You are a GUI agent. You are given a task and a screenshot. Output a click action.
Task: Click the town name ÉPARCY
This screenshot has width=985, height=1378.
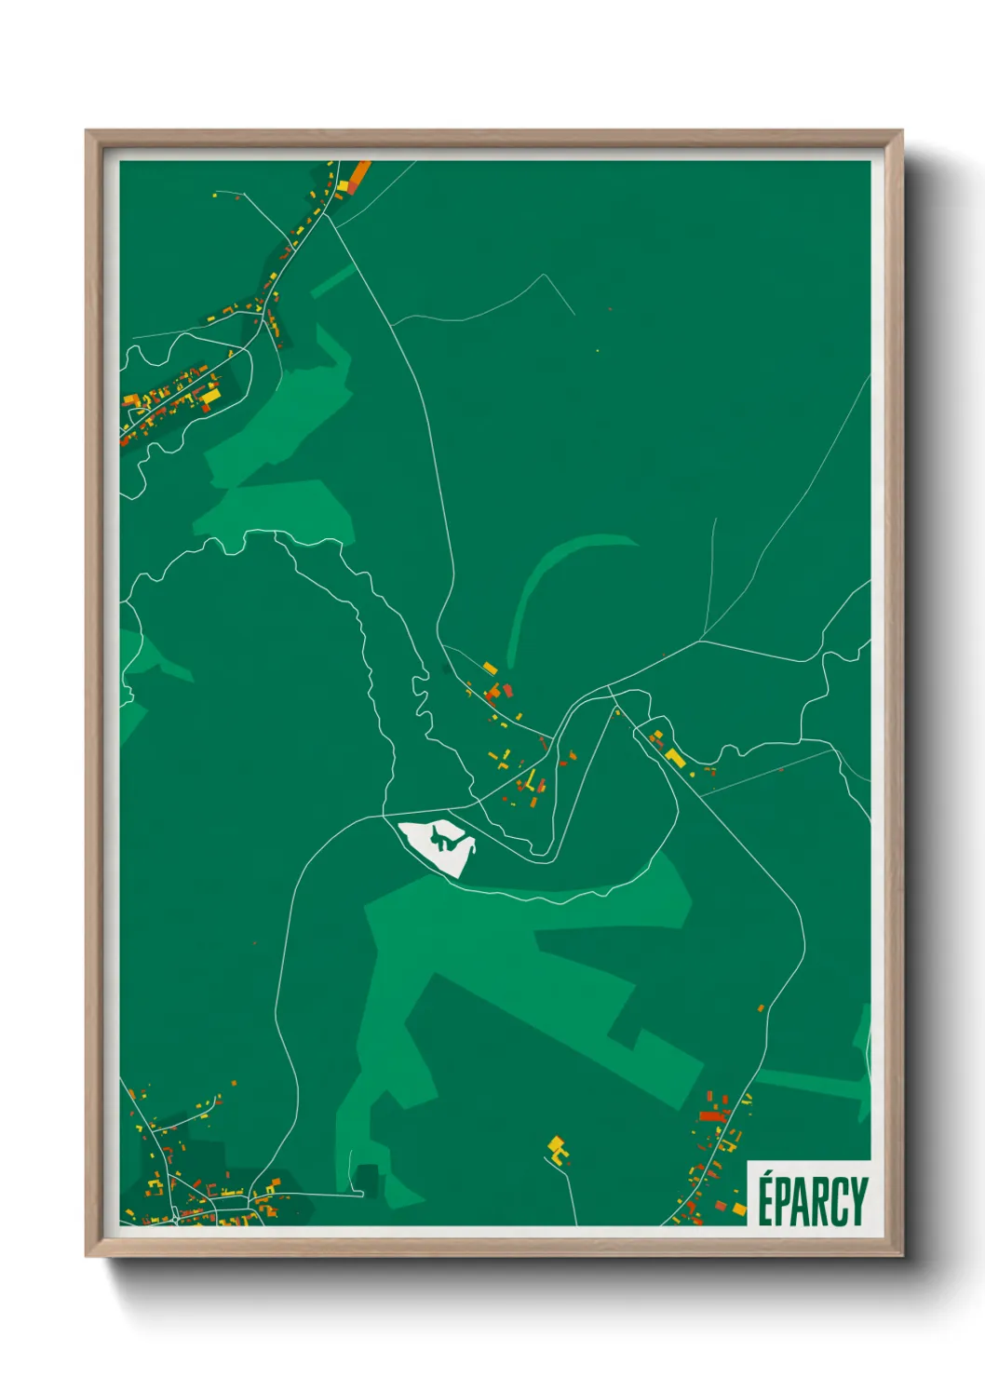click(x=812, y=1201)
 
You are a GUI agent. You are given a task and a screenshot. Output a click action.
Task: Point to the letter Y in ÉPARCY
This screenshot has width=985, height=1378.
click(x=858, y=1202)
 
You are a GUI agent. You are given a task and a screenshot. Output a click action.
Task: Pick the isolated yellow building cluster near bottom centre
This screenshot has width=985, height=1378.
click(x=557, y=1148)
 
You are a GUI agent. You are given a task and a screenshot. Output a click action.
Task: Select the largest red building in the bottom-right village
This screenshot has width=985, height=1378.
click(x=713, y=1115)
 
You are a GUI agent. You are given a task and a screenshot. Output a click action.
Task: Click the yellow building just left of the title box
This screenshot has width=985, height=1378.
click(x=739, y=1209)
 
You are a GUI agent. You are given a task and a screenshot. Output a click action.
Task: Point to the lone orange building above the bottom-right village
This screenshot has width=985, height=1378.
click(x=761, y=1007)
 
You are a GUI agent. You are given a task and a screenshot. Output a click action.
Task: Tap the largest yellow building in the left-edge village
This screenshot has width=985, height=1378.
click(x=211, y=395)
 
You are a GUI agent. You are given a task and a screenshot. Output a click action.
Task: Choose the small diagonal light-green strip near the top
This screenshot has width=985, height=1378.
click(x=332, y=279)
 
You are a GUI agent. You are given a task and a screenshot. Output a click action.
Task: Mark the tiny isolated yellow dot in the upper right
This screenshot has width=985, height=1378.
click(x=598, y=351)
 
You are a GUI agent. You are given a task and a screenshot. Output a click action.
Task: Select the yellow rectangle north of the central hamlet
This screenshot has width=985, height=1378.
click(x=490, y=668)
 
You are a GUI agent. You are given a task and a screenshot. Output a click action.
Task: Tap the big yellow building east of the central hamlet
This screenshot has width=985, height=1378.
click(x=674, y=757)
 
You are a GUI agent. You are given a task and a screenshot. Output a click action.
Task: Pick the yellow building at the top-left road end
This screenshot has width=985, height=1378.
click(x=216, y=196)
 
